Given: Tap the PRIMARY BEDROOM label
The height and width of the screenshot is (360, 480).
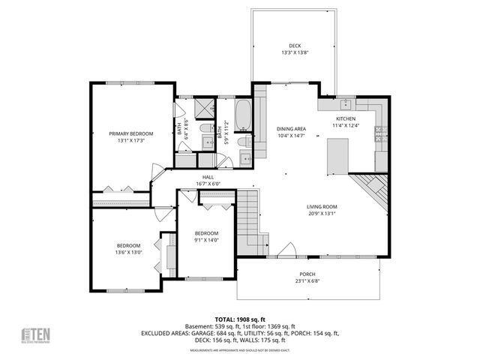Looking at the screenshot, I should (126, 133).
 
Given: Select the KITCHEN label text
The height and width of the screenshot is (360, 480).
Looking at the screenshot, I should (346, 119).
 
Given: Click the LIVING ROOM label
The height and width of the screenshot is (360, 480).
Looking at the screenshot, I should (322, 206).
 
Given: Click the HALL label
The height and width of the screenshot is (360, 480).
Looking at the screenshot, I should (207, 177).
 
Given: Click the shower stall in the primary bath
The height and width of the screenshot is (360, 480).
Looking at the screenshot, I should (202, 109).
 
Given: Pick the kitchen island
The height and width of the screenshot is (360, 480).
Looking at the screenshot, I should (337, 156).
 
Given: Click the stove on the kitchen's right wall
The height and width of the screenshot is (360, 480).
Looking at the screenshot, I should (379, 135).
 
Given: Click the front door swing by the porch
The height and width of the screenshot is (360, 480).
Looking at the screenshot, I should (286, 251).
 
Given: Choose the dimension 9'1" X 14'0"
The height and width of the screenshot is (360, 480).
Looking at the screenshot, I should (206, 240).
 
